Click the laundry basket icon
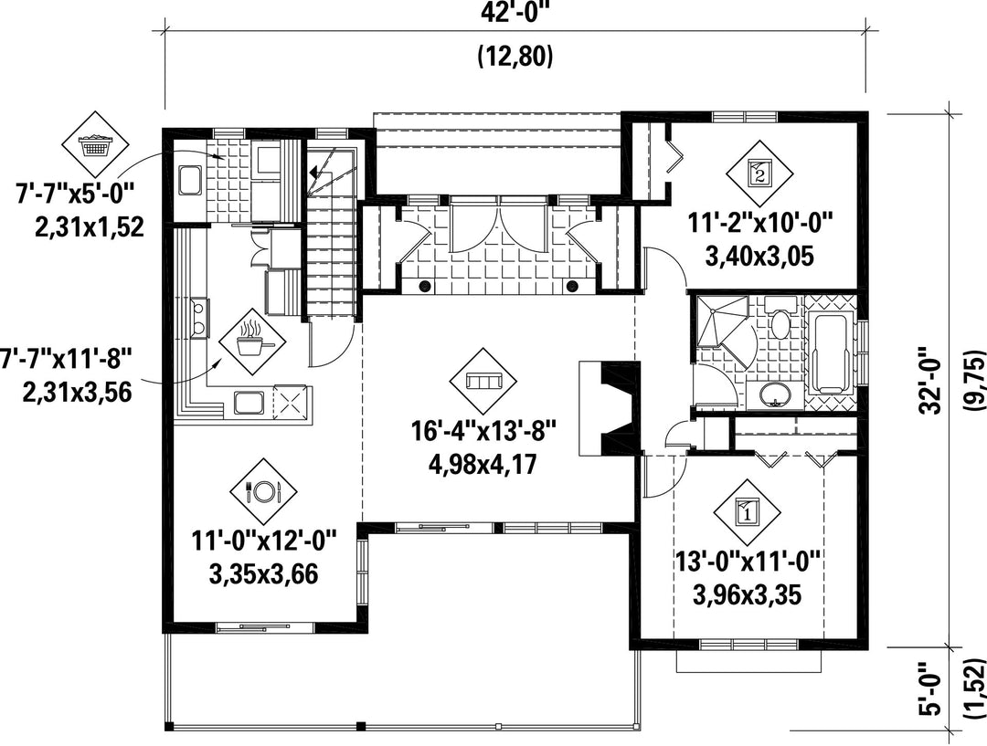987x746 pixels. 94,144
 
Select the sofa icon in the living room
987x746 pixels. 483,381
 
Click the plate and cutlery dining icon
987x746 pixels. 263,491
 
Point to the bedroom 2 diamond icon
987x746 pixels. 759,173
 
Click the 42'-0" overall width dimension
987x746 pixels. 515,14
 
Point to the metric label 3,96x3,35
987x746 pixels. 748,594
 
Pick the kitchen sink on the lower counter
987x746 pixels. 249,402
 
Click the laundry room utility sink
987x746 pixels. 189,181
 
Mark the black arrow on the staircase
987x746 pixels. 314,171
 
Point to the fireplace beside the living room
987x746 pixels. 610,407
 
